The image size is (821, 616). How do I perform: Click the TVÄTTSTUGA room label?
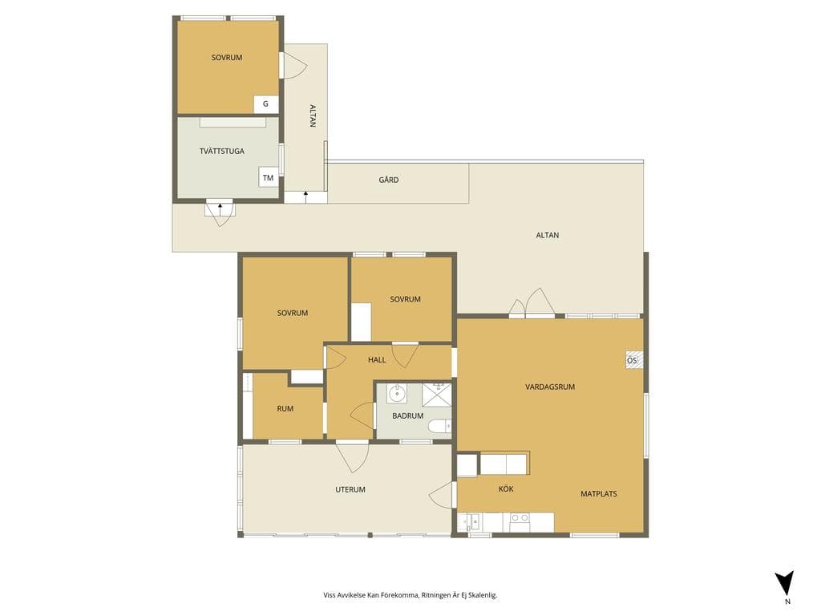tap(221, 152)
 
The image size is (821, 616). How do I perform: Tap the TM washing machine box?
tap(268, 177)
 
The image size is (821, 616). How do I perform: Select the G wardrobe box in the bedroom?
tap(265, 104)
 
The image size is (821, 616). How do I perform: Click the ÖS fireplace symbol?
tap(633, 360)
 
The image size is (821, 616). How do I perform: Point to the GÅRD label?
tap(389, 180)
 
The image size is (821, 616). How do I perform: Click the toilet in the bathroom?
tap(440, 427)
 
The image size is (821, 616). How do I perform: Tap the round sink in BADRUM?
tap(398, 392)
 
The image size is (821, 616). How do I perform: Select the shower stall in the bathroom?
tap(437, 395)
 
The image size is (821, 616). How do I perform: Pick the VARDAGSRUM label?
tap(550, 387)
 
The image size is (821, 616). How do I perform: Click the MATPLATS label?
tap(598, 494)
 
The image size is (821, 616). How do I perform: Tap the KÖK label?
tap(506, 488)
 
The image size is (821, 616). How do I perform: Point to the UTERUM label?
tap(350, 490)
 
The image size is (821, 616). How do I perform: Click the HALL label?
tap(377, 360)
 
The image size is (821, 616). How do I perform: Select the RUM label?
tap(285, 408)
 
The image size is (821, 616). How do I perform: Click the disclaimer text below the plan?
tap(410, 595)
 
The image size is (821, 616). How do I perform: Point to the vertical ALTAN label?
tap(313, 115)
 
